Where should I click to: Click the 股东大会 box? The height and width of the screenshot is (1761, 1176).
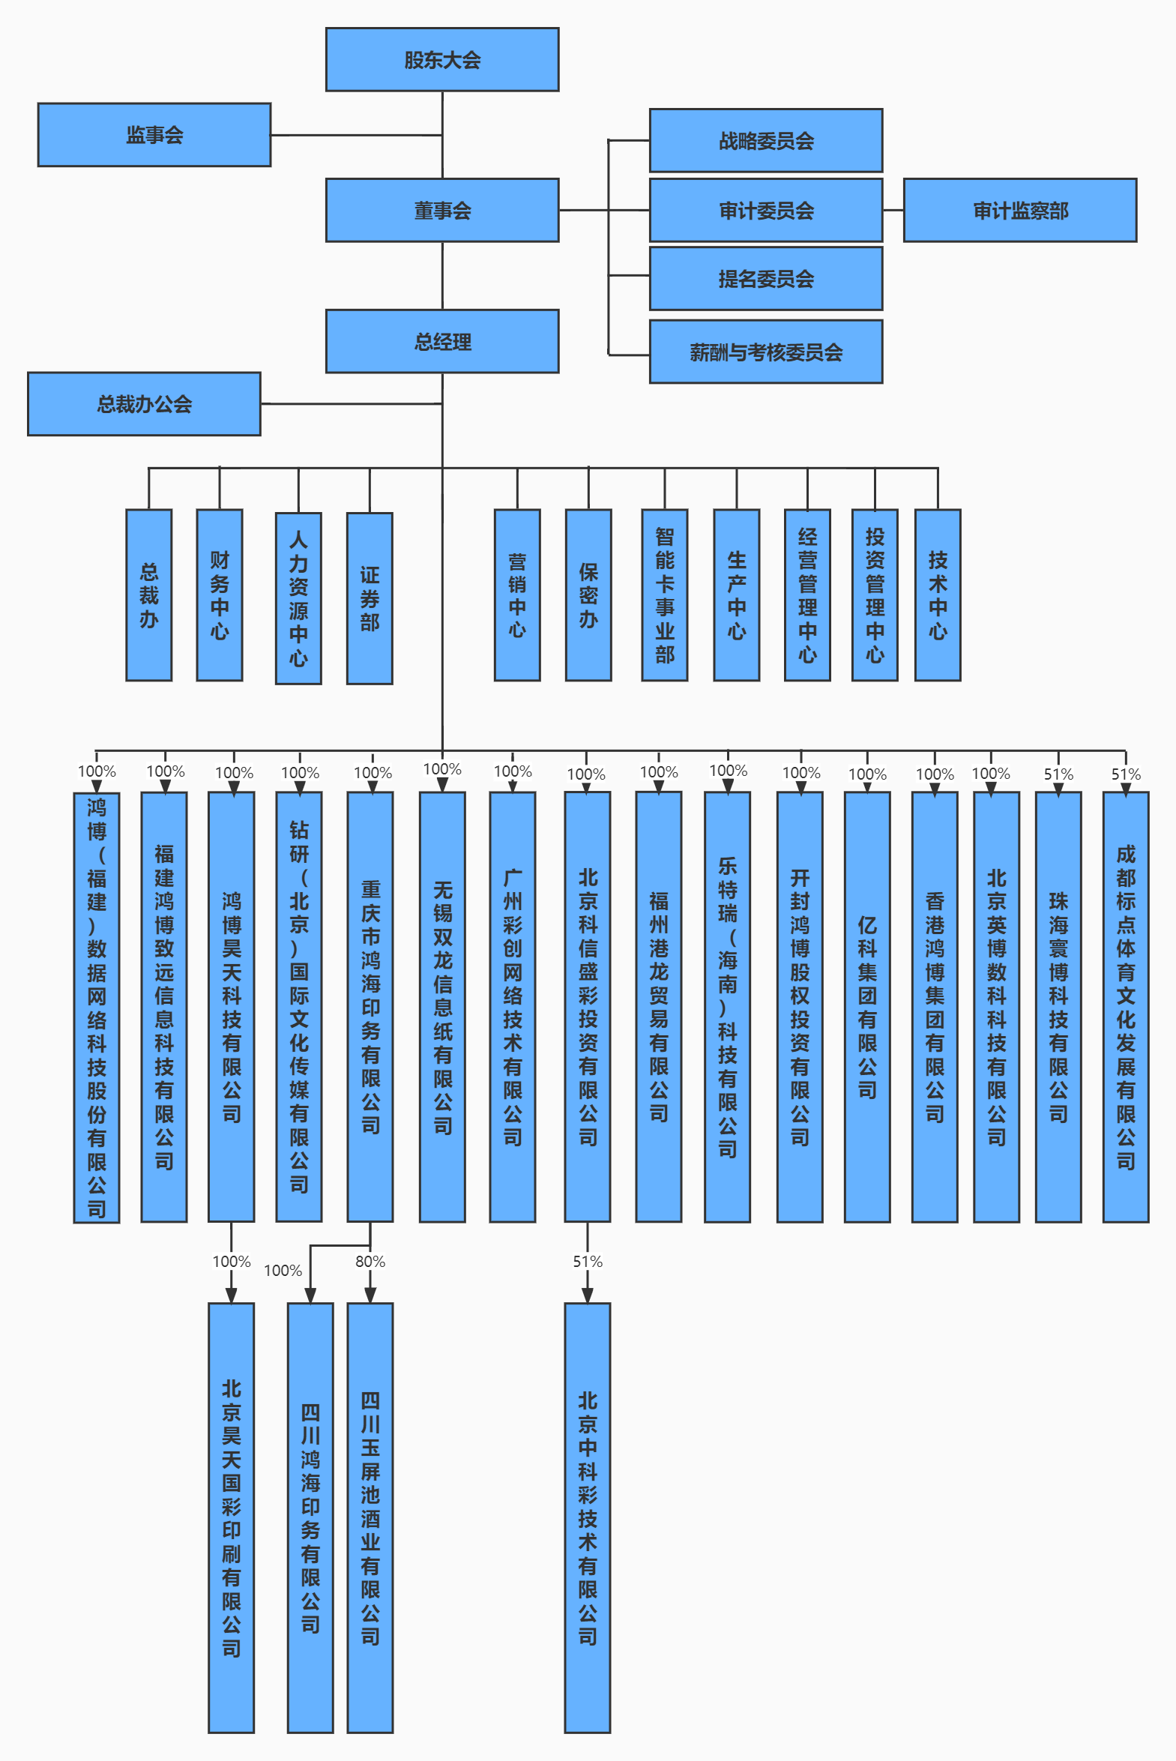[441, 60]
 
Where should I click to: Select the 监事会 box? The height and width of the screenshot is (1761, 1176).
[154, 135]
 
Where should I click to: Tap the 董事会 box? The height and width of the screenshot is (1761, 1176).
[441, 211]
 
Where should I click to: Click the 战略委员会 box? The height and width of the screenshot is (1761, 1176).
[765, 141]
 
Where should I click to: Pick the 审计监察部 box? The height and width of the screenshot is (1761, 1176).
[1019, 211]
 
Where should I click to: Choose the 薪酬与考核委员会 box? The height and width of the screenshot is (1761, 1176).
[765, 352]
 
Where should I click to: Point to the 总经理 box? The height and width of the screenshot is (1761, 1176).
[441, 342]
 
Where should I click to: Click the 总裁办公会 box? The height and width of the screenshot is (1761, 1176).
[144, 404]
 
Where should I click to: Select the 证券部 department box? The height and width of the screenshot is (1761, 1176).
[369, 598]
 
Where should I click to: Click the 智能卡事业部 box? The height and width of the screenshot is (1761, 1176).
[665, 595]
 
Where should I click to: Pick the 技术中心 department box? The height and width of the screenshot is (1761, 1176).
[938, 595]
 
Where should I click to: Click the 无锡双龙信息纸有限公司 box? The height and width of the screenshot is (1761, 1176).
[442, 1008]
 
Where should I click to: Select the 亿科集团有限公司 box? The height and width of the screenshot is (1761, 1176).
[867, 1008]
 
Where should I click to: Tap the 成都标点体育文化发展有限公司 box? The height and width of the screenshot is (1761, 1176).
[1125, 1008]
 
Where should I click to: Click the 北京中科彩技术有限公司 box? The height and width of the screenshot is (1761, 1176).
[587, 1518]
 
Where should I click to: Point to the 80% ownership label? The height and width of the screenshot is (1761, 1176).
[370, 1262]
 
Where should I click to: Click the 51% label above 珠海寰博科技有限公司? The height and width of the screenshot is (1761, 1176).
[1058, 774]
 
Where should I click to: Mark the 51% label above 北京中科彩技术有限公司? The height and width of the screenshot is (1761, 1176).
[587, 1262]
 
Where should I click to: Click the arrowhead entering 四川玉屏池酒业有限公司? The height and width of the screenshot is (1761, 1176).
[370, 1295]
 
